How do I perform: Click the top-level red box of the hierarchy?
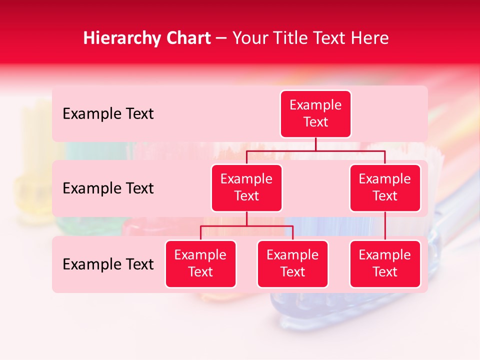tap(315, 113)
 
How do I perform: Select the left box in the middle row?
tap(246, 187)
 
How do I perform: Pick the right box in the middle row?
tap(385, 187)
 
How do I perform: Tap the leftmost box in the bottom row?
tap(200, 263)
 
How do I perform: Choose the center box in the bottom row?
tap(292, 263)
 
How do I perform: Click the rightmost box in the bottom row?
tap(385, 263)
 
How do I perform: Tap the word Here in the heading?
tap(369, 38)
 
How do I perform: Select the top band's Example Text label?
tap(108, 114)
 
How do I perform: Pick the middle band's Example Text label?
tap(108, 188)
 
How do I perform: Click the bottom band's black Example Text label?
tap(108, 264)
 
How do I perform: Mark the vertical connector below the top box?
tap(315, 144)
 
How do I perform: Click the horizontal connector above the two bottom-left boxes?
tap(246, 226)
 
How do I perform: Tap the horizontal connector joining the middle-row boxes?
tap(315, 150)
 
